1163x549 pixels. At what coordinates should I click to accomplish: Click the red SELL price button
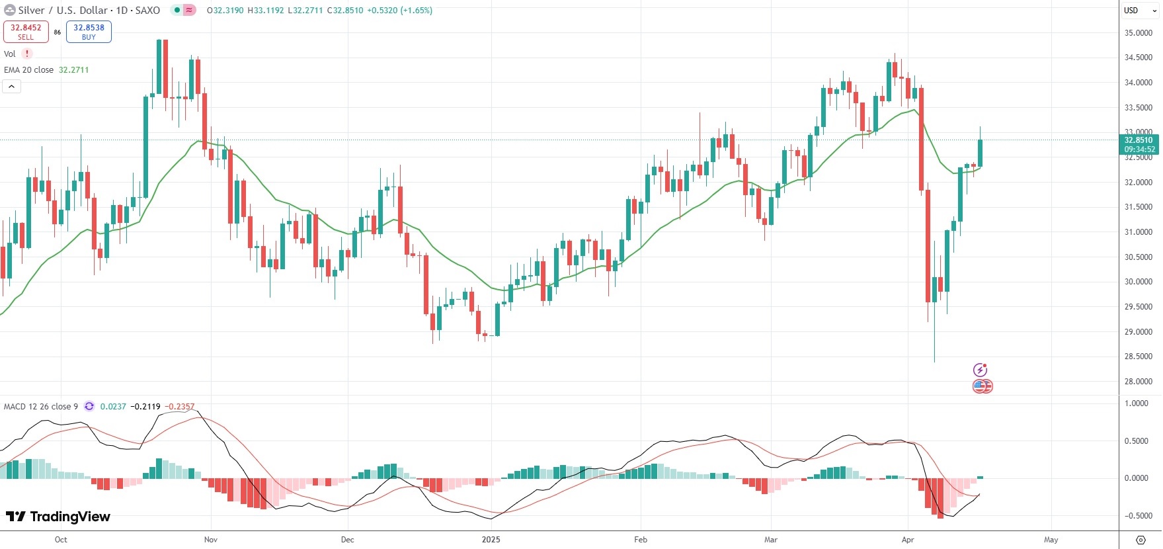[x=26, y=32]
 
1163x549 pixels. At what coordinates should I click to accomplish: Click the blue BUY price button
[x=89, y=32]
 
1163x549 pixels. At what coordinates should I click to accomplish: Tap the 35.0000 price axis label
[x=1139, y=33]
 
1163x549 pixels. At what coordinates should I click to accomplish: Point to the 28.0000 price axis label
[x=1139, y=382]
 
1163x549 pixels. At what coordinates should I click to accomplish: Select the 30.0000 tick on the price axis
[x=1139, y=282]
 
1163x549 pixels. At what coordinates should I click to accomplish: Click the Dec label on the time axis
[x=347, y=540]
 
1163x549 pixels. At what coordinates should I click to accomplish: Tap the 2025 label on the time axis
[x=491, y=540]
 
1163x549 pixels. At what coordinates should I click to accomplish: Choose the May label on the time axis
[x=1051, y=540]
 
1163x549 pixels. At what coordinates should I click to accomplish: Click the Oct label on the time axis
[x=61, y=540]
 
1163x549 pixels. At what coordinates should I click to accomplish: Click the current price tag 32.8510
[x=1139, y=140]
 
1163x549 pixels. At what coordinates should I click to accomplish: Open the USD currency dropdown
[x=1140, y=11]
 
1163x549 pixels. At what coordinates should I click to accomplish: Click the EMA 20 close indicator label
[x=29, y=70]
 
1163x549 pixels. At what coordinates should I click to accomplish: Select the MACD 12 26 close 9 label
[x=41, y=407]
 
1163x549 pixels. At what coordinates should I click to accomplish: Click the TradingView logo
[x=58, y=517]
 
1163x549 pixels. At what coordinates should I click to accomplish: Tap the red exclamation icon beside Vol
[x=27, y=54]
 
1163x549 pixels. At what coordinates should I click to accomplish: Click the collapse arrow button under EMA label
[x=12, y=87]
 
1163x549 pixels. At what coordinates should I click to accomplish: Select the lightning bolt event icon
[x=980, y=370]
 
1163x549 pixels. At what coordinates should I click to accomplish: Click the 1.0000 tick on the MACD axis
[x=1137, y=403]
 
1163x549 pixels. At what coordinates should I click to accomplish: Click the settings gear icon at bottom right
[x=1141, y=540]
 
